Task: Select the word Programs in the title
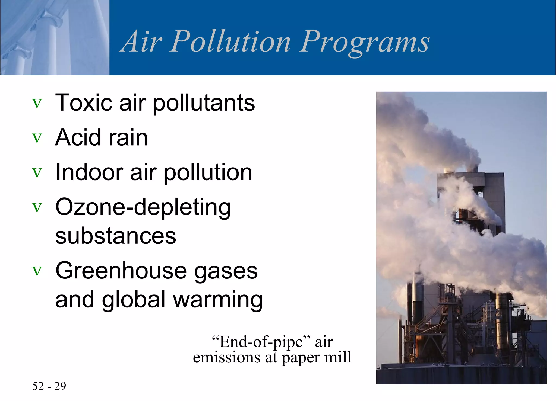pos(364,42)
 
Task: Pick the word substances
pos(116,236)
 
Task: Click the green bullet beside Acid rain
pos(37,138)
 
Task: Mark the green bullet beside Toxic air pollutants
pos(37,103)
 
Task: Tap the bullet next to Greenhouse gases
pos(37,271)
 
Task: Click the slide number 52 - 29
pos(49,386)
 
